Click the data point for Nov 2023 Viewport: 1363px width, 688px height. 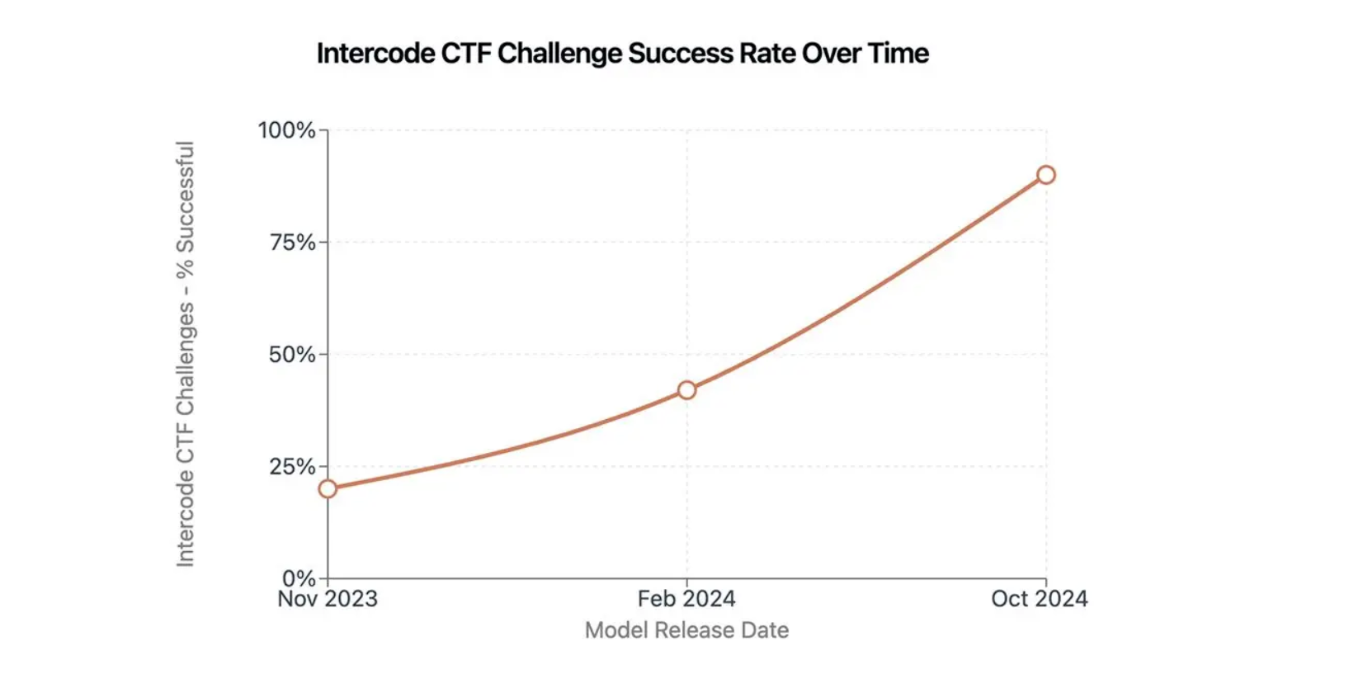328,488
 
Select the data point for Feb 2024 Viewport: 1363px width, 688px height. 686,389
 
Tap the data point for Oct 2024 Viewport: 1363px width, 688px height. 1046,175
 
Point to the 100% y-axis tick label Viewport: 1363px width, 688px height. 286,130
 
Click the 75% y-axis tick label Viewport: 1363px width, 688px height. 293,243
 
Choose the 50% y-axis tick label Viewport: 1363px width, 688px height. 292,355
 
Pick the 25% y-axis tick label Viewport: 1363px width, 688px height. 292,467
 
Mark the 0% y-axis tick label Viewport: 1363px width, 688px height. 299,578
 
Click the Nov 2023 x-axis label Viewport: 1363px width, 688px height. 328,599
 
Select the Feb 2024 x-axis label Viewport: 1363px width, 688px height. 686,599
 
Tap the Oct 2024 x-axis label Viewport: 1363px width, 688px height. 1040,599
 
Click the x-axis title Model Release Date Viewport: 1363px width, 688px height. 686,630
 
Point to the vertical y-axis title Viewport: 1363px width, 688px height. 185,354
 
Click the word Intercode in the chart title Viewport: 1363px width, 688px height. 375,54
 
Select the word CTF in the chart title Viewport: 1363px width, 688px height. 466,54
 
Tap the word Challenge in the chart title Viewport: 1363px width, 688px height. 559,54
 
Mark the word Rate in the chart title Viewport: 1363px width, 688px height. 767,54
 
